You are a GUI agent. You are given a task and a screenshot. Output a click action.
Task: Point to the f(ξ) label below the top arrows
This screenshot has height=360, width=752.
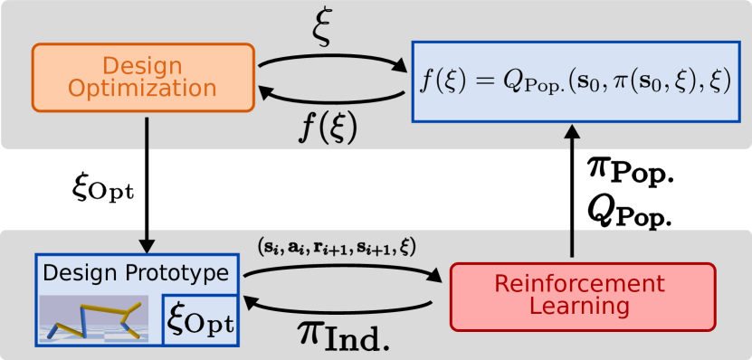328,127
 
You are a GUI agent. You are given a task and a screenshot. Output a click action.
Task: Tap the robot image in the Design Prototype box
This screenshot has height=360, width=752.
99,319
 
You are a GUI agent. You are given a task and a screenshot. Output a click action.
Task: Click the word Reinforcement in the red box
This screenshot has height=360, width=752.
582,284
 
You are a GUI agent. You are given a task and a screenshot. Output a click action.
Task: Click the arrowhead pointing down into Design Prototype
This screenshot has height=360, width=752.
146,246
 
